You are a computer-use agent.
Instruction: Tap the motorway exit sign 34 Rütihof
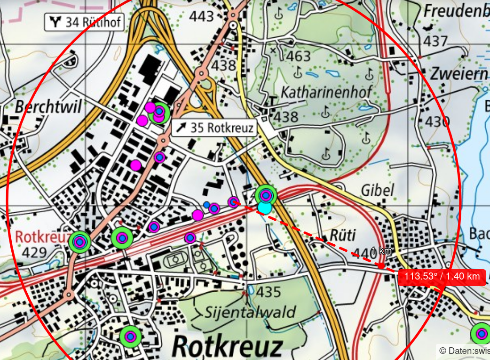click(x=85, y=22)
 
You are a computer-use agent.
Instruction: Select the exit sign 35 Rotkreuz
click(x=214, y=128)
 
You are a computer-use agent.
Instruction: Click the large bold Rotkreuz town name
click(x=228, y=347)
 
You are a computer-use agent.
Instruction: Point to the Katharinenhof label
click(x=325, y=92)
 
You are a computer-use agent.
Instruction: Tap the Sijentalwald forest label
click(x=250, y=312)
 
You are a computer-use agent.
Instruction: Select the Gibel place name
click(x=377, y=190)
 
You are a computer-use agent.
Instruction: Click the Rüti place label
click(x=343, y=235)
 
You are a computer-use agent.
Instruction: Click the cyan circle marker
click(x=265, y=208)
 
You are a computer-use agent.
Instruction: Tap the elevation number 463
click(x=299, y=56)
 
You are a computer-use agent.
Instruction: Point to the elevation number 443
click(x=202, y=17)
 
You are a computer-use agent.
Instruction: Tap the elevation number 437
click(x=436, y=41)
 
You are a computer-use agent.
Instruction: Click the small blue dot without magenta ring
click(x=206, y=205)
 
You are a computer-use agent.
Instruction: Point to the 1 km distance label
click(x=382, y=252)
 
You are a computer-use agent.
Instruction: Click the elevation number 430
click(x=437, y=122)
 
